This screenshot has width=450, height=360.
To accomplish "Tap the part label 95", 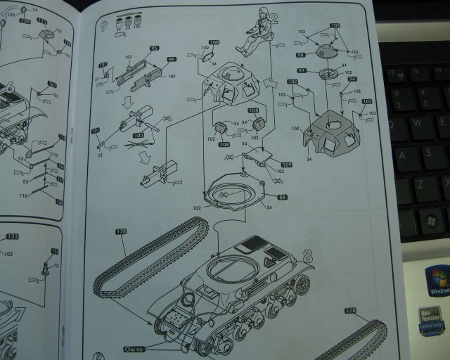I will point(154,49).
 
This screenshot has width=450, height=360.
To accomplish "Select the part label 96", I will point(172,60).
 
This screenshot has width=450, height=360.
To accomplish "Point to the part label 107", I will point(103,65).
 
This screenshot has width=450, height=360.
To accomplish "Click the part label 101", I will point(96,129).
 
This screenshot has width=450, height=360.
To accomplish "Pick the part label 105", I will point(138,136).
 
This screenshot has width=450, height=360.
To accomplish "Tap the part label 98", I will point(300,55).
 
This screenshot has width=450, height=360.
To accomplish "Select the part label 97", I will point(302,70).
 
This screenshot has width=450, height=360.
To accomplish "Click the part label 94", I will point(352,79).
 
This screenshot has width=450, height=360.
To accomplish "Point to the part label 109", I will point(286,164).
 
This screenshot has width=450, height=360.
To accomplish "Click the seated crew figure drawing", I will point(257,32).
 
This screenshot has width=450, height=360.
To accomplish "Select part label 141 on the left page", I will point(52,84).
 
